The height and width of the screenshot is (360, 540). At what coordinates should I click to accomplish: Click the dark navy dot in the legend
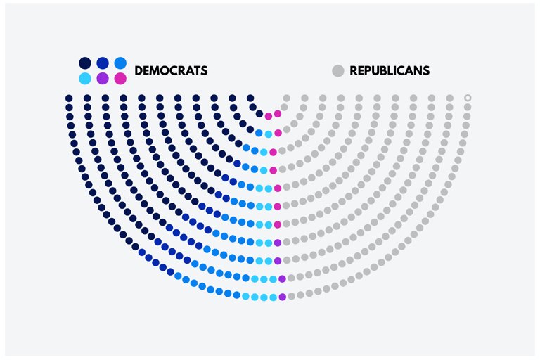pyautogui.click(x=85, y=63)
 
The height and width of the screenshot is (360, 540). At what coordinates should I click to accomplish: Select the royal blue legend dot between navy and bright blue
pyautogui.click(x=103, y=63)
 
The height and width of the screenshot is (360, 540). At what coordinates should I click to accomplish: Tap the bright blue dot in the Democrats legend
pyautogui.click(x=120, y=63)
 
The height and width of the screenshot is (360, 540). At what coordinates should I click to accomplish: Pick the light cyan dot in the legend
pyautogui.click(x=85, y=79)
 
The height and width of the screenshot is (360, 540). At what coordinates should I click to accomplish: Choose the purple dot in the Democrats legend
pyautogui.click(x=103, y=79)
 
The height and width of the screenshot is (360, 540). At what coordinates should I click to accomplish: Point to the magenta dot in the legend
pyautogui.click(x=120, y=79)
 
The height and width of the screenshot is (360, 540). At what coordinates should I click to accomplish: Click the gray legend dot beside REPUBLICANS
pyautogui.click(x=338, y=71)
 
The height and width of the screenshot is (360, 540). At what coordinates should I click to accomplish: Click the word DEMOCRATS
pyautogui.click(x=171, y=71)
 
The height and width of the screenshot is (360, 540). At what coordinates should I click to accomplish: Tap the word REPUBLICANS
pyautogui.click(x=390, y=71)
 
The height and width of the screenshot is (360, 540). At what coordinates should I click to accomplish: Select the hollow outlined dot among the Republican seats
pyautogui.click(x=468, y=98)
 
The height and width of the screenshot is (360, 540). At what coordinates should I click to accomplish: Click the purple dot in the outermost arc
pyautogui.click(x=282, y=297)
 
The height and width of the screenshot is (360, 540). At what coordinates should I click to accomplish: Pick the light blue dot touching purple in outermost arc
pyautogui.click(x=273, y=297)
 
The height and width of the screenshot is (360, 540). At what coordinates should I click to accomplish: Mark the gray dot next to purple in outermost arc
pyautogui.click(x=291, y=296)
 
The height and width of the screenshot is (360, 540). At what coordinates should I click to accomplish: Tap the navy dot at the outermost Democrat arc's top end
pyautogui.click(x=69, y=98)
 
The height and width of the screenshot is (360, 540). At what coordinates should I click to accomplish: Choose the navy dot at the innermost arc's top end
pyautogui.click(x=250, y=98)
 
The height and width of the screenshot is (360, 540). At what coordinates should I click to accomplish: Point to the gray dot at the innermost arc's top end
pyautogui.click(x=286, y=98)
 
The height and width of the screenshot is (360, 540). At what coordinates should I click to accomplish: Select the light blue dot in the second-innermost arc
pyautogui.click(x=269, y=134)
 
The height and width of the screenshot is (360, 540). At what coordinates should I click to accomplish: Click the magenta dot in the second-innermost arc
pyautogui.click(x=278, y=133)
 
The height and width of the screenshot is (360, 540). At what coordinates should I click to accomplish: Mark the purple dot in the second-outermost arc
pyautogui.click(x=282, y=279)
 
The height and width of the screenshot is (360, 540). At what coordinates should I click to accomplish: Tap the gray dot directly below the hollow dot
pyautogui.click(x=468, y=108)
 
